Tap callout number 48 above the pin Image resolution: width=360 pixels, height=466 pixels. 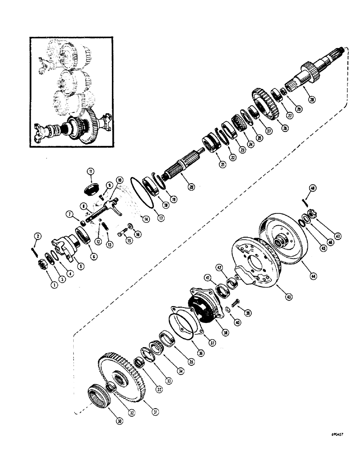tap(312, 188)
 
